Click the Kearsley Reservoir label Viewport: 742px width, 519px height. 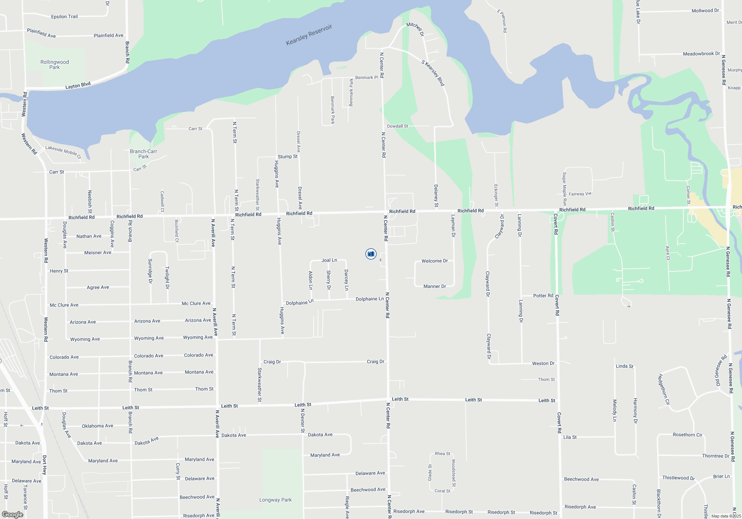pyautogui.click(x=309, y=35)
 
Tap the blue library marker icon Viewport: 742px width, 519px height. pyautogui.click(x=371, y=254)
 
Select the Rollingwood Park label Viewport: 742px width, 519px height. pyautogui.click(x=55, y=65)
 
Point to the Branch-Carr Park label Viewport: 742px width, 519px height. pyautogui.click(x=143, y=154)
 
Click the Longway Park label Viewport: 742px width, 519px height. pyautogui.click(x=275, y=500)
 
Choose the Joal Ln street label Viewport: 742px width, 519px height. pyautogui.click(x=329, y=260)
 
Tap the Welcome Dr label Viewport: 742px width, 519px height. pyautogui.click(x=434, y=261)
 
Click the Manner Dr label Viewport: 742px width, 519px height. pyautogui.click(x=434, y=286)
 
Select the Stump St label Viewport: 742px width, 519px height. pyautogui.click(x=288, y=156)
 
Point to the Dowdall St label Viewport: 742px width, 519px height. pyautogui.click(x=397, y=126)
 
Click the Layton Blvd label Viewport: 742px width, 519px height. pyautogui.click(x=78, y=86)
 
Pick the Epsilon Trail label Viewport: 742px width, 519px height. pyautogui.click(x=64, y=17)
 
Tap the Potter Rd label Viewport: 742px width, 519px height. pyautogui.click(x=543, y=295)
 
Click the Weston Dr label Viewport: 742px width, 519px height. pyautogui.click(x=543, y=363)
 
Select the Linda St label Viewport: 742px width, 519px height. pyautogui.click(x=624, y=366)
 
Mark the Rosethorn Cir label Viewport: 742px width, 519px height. pyautogui.click(x=687, y=435)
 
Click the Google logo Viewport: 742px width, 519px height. pyautogui.click(x=13, y=514)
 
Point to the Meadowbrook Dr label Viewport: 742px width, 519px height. pyautogui.click(x=701, y=54)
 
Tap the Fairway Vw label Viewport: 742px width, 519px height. pyautogui.click(x=580, y=194)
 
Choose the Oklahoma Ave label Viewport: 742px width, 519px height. pyautogui.click(x=98, y=426)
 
